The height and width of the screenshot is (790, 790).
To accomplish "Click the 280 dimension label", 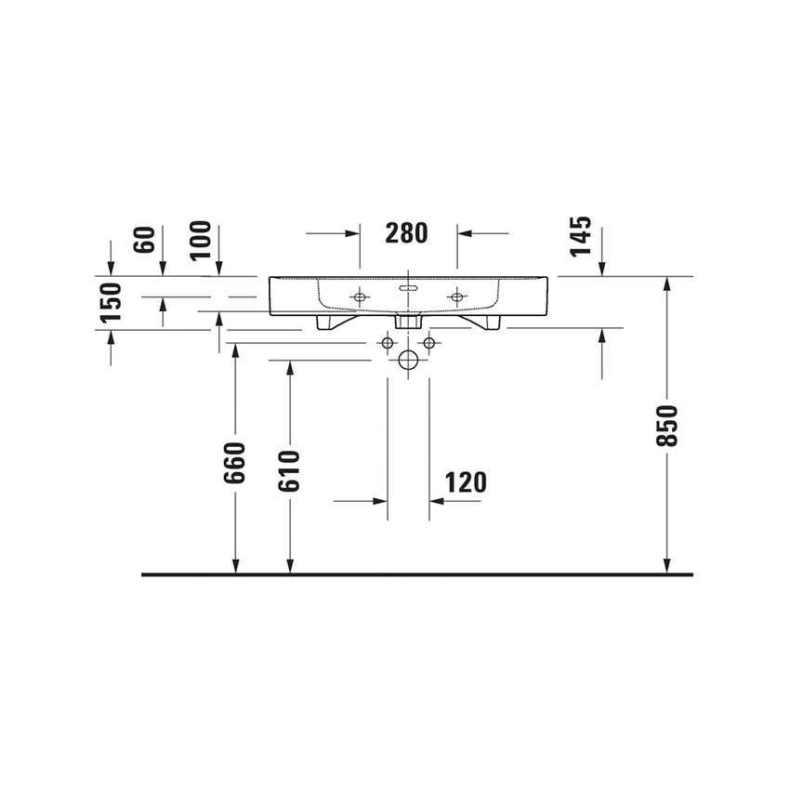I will click(x=406, y=233).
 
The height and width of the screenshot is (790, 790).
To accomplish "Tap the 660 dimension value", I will click(x=234, y=462).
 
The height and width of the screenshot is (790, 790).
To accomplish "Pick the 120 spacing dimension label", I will click(x=466, y=482).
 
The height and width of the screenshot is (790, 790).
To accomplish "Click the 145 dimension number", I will click(x=581, y=237).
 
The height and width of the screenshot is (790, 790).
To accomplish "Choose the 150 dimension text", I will click(x=111, y=302).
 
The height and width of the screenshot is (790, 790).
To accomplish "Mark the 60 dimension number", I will click(x=144, y=239).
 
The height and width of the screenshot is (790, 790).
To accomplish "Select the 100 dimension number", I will click(x=200, y=240).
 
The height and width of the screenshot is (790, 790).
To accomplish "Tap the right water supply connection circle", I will click(x=429, y=344).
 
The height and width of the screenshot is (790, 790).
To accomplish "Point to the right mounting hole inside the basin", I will click(x=456, y=297).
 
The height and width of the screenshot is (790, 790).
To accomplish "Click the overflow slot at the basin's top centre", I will click(x=408, y=288).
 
